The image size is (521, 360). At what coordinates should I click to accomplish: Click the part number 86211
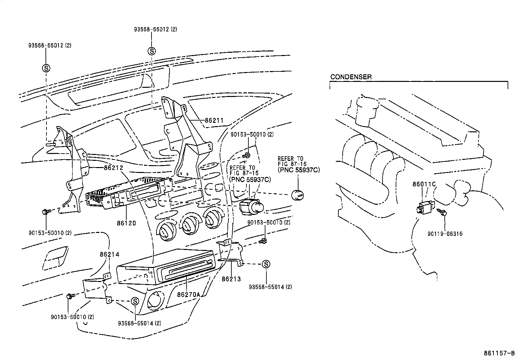tap(214, 121)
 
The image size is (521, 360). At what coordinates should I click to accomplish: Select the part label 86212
tap(113, 168)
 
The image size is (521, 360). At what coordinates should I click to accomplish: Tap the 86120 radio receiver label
tap(126, 223)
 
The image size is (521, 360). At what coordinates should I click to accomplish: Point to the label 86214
tap(109, 254)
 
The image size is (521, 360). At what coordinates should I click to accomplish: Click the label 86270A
tap(188, 294)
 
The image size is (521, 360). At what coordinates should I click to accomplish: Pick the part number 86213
tap(231, 279)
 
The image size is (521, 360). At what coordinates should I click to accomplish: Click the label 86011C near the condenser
tap(424, 184)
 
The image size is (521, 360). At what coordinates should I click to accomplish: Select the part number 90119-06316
tap(445, 234)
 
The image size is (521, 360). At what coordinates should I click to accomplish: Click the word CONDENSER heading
tap(351, 77)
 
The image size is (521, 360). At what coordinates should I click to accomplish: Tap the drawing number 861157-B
tap(499, 353)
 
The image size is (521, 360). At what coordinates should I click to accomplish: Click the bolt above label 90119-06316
tap(444, 214)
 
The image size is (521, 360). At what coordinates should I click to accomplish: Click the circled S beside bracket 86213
tap(266, 264)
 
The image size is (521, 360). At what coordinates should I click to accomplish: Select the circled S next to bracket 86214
tap(135, 301)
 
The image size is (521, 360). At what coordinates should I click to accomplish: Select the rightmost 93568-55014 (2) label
tap(270, 287)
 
